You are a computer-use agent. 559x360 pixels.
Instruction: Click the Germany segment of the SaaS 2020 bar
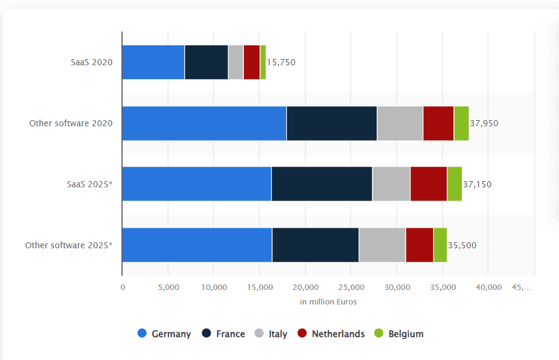point(153,62)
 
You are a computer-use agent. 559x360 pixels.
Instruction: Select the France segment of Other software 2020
point(331,123)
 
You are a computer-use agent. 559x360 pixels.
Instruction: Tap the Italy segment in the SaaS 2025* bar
point(391,184)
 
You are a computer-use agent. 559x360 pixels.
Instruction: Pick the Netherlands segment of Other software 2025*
point(420,245)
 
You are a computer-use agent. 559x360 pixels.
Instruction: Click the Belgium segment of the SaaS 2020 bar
point(263,62)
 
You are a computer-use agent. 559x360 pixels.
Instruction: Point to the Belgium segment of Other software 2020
point(461,123)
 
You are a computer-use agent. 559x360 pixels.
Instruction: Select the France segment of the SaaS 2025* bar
point(322,184)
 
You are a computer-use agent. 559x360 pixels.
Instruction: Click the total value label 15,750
point(281,62)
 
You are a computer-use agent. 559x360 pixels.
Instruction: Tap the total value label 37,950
point(484,123)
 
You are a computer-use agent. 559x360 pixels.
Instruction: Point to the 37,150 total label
point(478,184)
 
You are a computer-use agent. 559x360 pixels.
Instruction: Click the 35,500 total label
point(462,245)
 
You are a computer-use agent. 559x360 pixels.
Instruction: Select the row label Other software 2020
point(71,123)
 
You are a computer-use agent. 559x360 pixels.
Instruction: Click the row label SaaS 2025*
point(89,184)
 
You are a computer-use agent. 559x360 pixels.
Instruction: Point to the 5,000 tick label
point(168,288)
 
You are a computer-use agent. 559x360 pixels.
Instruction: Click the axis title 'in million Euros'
point(328,301)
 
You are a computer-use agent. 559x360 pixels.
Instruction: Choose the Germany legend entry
point(165,334)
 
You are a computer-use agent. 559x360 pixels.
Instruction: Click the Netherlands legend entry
point(331,334)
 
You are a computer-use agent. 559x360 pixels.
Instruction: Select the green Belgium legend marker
point(379,333)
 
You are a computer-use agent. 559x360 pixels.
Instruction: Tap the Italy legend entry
point(270,334)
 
